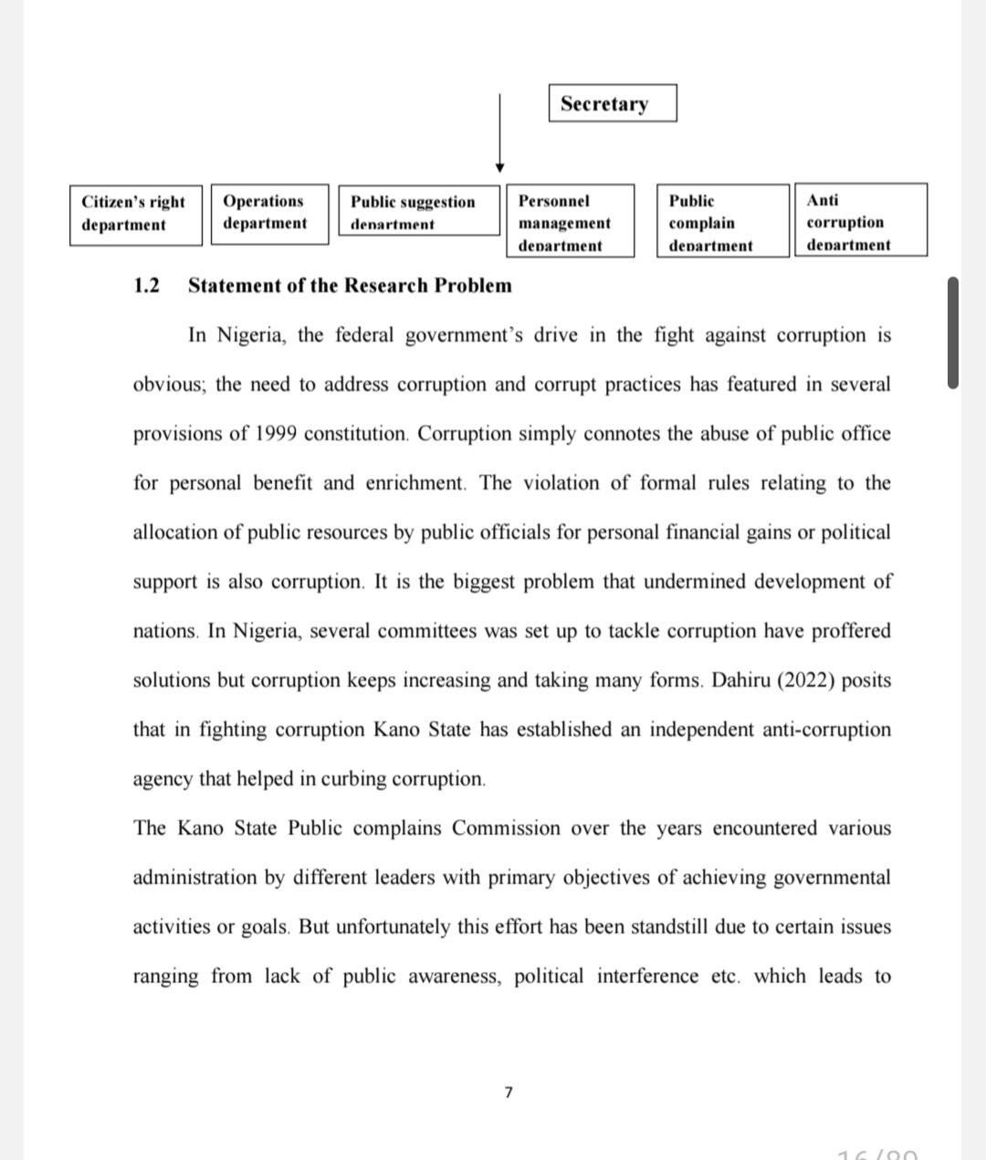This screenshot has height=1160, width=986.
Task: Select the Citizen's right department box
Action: [x=135, y=215]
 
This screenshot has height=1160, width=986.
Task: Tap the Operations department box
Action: [x=269, y=213]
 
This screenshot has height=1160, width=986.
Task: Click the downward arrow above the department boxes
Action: [x=499, y=132]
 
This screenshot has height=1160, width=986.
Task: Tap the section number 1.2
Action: [x=146, y=285]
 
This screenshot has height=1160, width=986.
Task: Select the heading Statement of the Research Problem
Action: [x=350, y=285]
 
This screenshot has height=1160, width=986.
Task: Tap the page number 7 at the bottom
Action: [x=509, y=1091]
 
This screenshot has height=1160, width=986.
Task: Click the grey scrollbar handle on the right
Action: [x=953, y=333]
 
